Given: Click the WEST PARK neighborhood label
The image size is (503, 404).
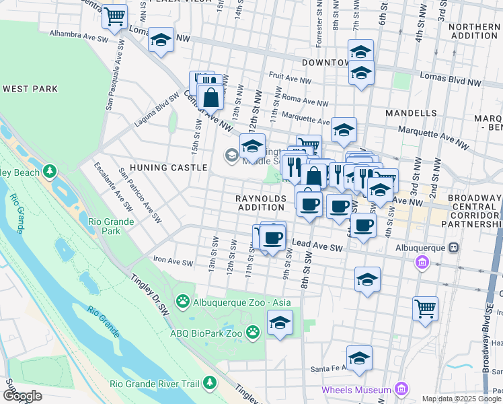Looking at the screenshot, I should click(30, 89).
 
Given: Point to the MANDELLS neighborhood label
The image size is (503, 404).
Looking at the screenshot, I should click(411, 112).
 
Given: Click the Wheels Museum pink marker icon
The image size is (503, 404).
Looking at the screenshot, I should click(401, 389).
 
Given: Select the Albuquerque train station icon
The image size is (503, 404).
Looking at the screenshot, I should click(455, 246).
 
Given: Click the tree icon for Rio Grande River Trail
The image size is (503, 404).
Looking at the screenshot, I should click(209, 382).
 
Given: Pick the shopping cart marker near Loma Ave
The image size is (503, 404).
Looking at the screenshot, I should click(115, 15).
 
